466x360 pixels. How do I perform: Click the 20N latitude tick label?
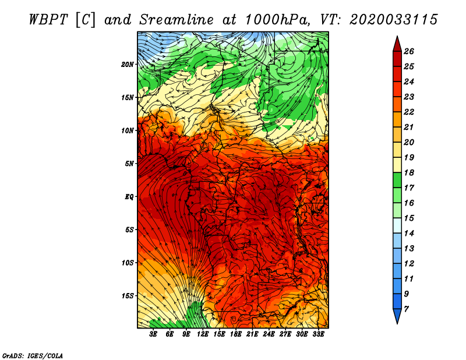[x=128, y=65]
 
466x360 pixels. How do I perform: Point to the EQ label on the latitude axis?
[x=129, y=197]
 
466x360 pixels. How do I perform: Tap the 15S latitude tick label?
[x=128, y=296]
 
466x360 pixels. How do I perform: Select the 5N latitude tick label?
[x=129, y=164]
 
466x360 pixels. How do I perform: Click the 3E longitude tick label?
[x=153, y=334]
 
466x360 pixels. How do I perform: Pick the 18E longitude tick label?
[x=236, y=334]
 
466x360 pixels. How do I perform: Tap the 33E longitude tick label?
[x=318, y=334]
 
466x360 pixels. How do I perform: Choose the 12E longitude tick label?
[x=203, y=334]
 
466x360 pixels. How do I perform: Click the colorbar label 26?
[x=409, y=51]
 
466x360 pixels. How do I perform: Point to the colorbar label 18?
[x=409, y=172]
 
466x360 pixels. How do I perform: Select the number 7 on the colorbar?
[x=407, y=309]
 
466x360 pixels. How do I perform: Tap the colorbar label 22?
[x=409, y=112]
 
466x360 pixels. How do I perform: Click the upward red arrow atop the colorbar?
[x=397, y=44]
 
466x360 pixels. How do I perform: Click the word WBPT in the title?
[x=49, y=20]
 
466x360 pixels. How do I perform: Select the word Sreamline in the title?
[x=176, y=20]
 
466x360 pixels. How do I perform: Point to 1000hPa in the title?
[x=277, y=20]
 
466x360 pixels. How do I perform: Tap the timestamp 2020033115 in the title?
[x=394, y=20]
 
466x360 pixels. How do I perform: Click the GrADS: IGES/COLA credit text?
[x=33, y=356]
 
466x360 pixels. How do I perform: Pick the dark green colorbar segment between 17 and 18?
[x=397, y=180]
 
